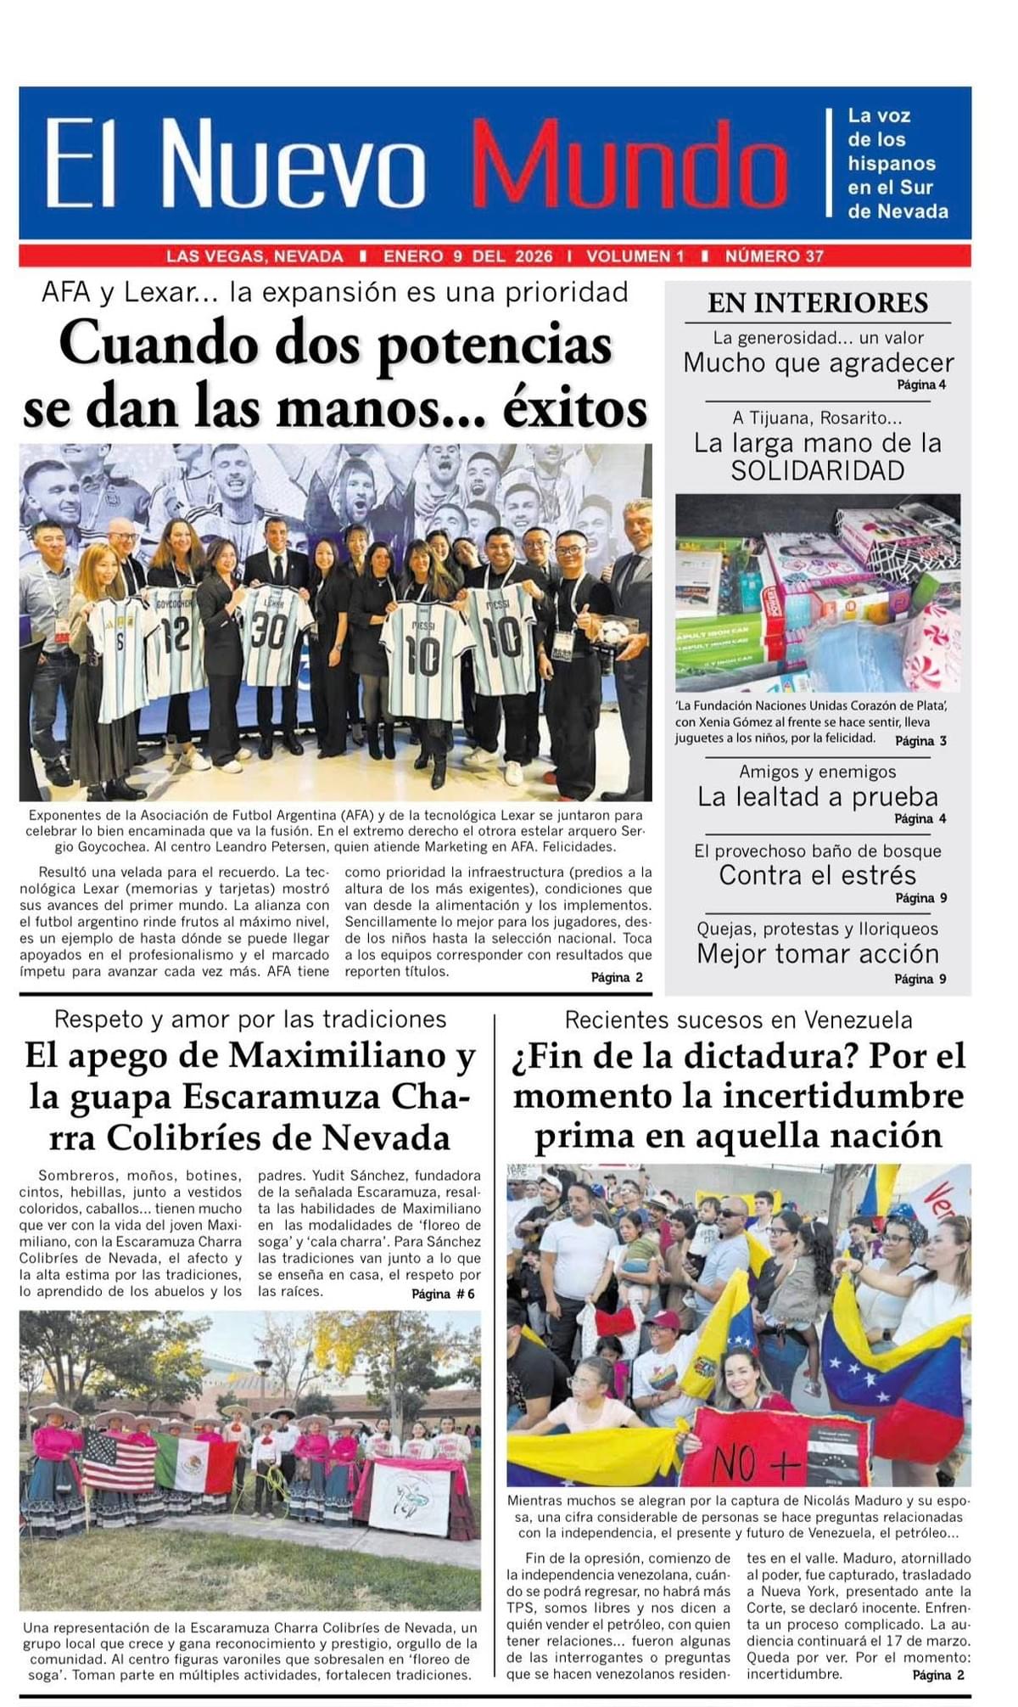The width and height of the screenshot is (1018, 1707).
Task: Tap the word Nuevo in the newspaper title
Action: pos(293,164)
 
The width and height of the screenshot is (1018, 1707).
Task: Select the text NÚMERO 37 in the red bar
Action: pos(774,256)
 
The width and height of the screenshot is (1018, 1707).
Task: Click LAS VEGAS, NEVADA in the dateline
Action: pos(255,256)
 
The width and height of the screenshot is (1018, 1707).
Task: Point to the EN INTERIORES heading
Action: pos(818,303)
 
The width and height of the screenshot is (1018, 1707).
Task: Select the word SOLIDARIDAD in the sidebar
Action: pos(818,471)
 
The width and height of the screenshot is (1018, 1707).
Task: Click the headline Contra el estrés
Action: pos(818,875)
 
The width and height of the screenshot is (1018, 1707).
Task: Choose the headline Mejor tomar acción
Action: pos(818,954)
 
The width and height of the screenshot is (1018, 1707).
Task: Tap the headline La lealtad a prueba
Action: pos(818,797)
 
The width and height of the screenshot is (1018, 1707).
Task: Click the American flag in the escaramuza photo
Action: pos(119,1459)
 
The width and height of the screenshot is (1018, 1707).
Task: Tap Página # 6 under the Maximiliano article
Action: pos(443,1294)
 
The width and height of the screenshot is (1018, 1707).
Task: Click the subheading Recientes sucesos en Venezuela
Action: pos(738,1019)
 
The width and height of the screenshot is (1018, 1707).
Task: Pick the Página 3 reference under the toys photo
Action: pos(920,741)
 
